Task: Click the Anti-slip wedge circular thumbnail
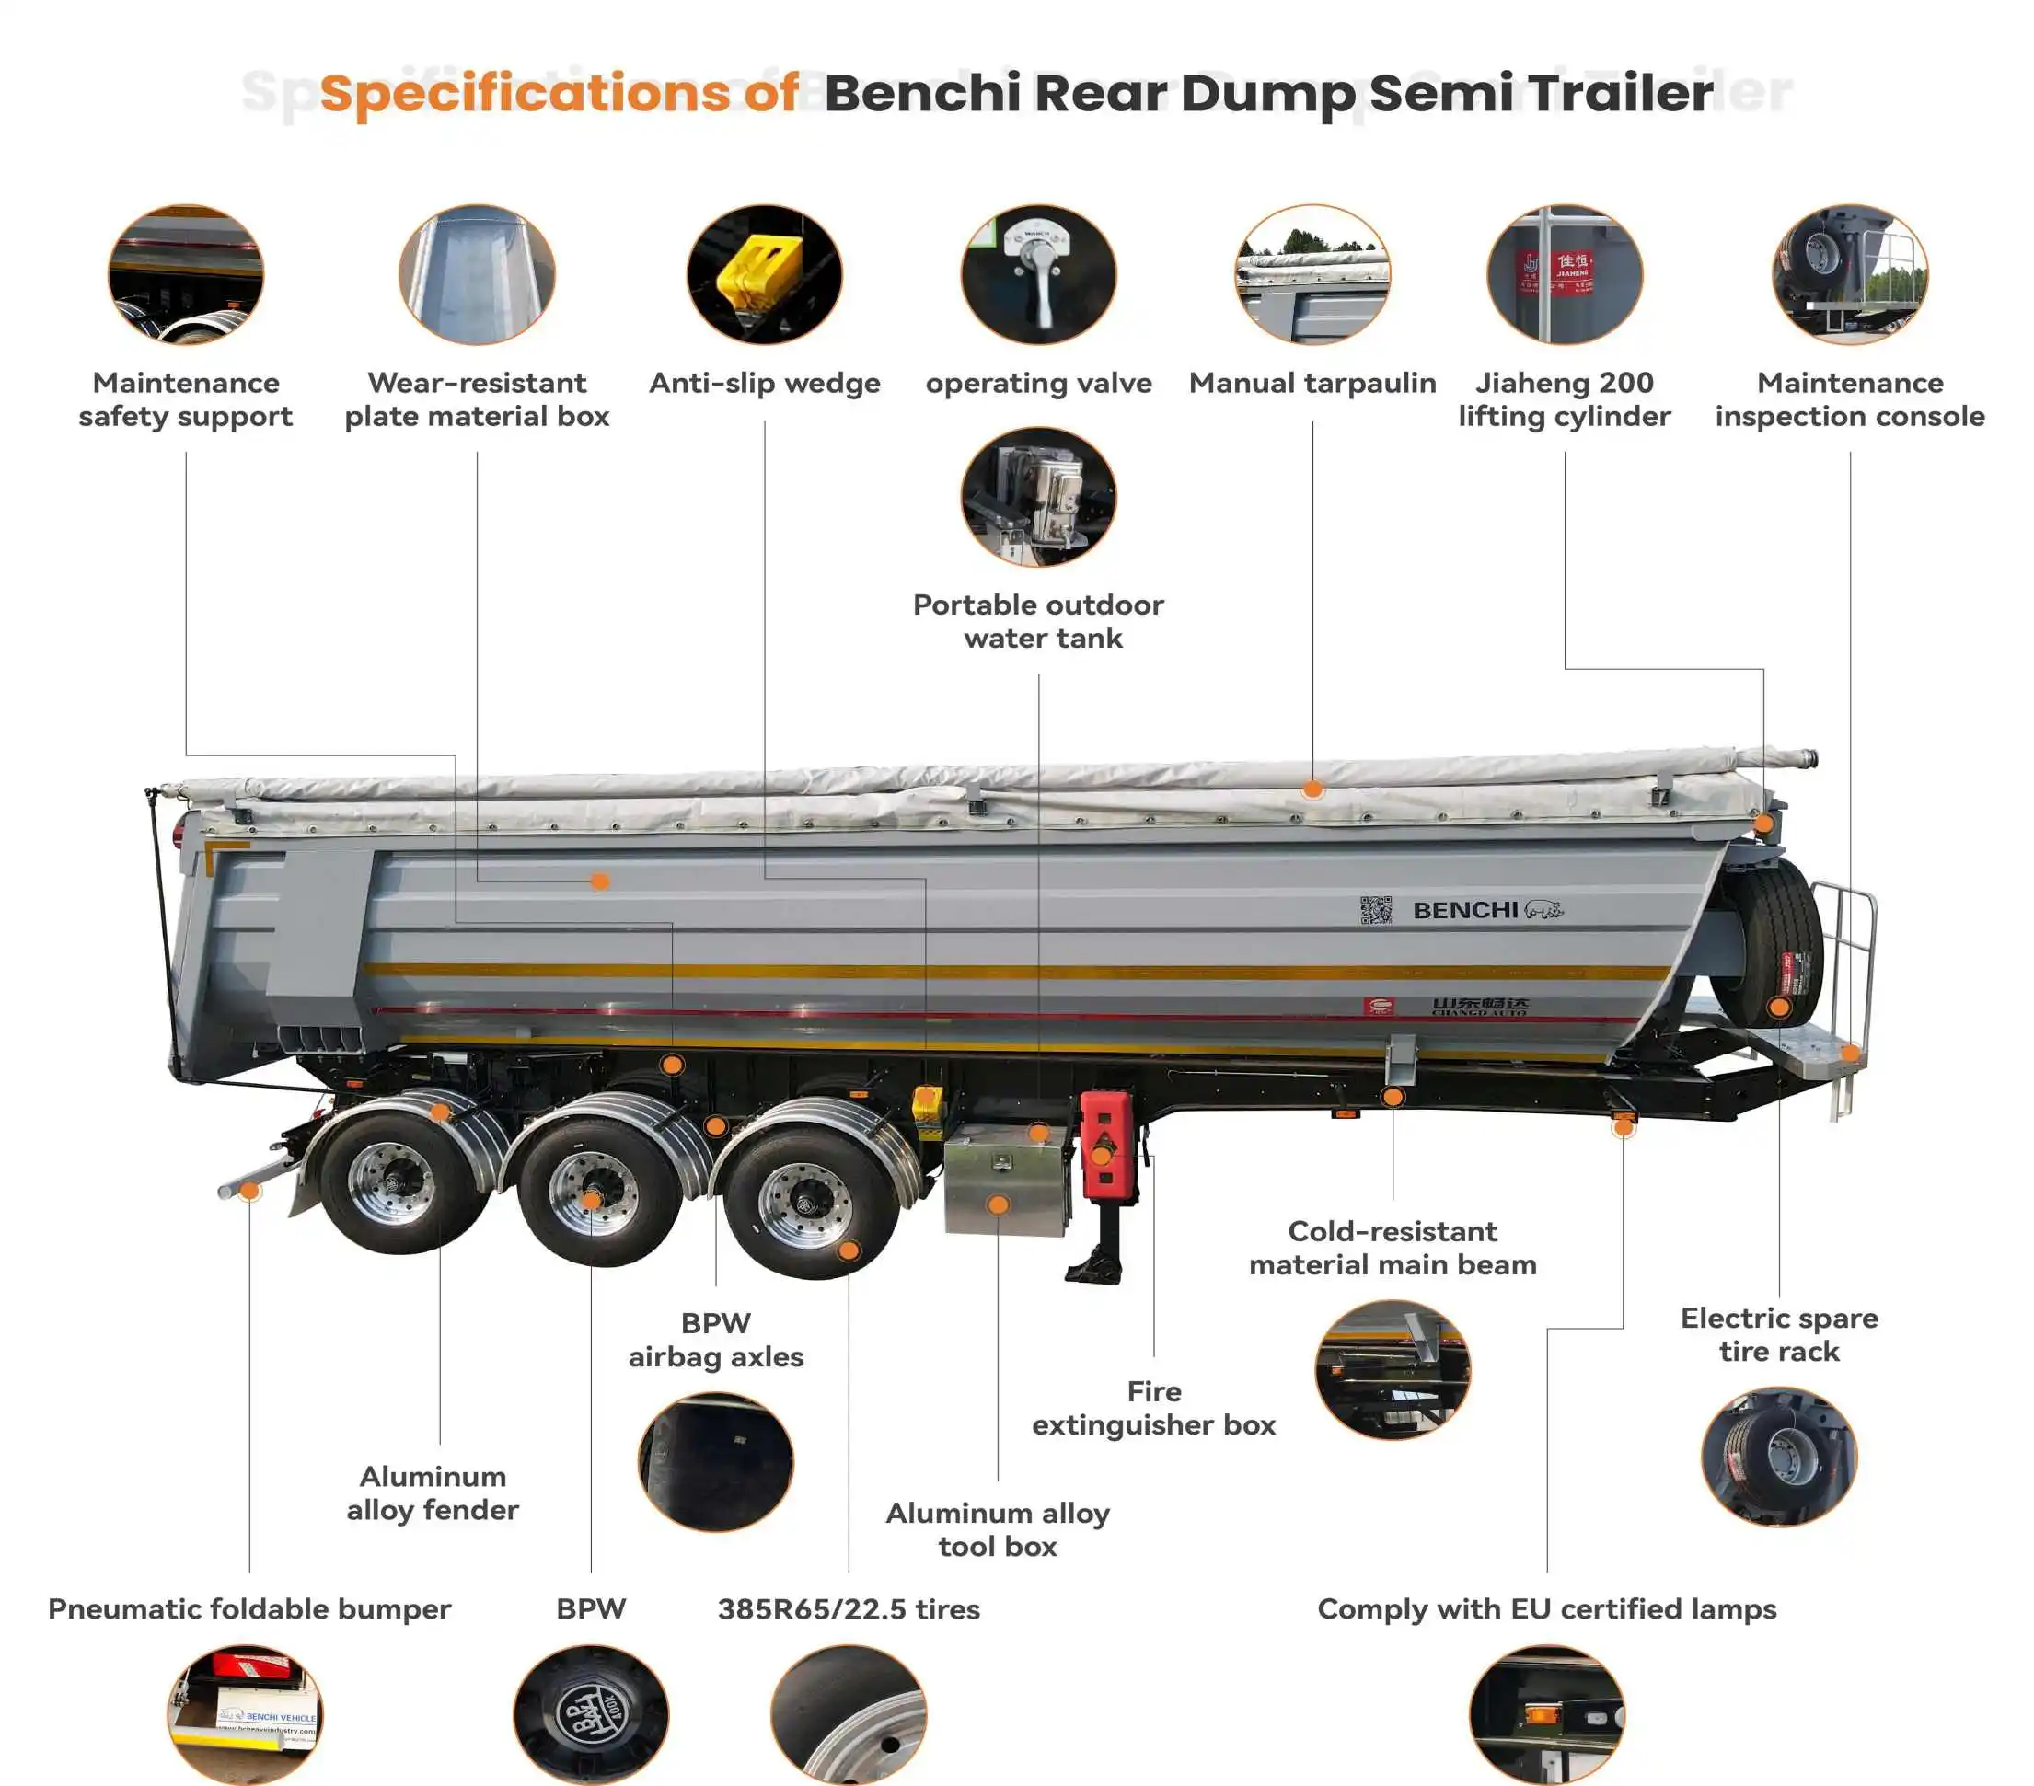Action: (x=764, y=274)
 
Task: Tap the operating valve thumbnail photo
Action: (x=1038, y=274)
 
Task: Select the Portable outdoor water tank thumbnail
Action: (x=1038, y=497)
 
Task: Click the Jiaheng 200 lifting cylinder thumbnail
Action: (x=1565, y=274)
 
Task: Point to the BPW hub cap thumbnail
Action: (x=591, y=1713)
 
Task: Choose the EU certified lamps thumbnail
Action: (x=1546, y=1713)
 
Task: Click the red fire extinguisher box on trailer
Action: (x=1104, y=1145)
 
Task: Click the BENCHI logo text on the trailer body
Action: (x=1465, y=910)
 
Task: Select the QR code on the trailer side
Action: (x=1375, y=910)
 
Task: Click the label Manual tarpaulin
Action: (x=1312, y=383)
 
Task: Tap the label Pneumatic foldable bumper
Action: (x=248, y=1609)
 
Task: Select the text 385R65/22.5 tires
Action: (x=849, y=1609)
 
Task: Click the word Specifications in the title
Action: (x=525, y=94)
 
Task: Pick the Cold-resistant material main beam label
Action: (x=1393, y=1248)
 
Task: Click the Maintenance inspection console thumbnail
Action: (x=1850, y=274)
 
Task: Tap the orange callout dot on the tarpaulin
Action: (x=1312, y=790)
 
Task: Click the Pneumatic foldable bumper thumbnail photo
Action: (x=245, y=1713)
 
